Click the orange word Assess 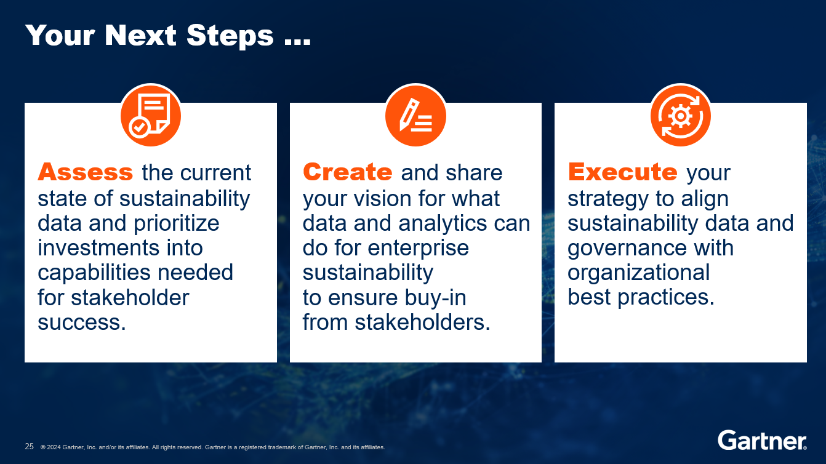click(85, 172)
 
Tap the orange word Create click(347, 172)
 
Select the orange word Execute click(622, 172)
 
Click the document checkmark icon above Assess click(151, 115)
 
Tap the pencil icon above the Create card click(415, 115)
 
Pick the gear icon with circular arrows click(681, 115)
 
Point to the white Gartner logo click(762, 441)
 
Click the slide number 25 click(29, 446)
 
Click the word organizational click(638, 273)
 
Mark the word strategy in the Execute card click(608, 198)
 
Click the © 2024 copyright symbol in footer click(43, 447)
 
